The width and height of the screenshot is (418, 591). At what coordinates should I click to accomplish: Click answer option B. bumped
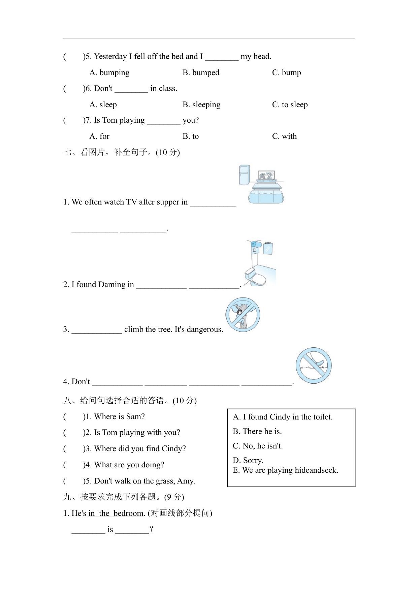[201, 73]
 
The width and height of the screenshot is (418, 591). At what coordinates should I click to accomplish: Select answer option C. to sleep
[290, 105]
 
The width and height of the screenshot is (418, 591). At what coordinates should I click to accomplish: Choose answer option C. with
[284, 136]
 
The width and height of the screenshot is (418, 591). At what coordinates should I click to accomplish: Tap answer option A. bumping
[109, 73]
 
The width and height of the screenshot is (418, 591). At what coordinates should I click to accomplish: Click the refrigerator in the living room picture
[244, 175]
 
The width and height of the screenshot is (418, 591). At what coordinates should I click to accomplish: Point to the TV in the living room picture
[266, 175]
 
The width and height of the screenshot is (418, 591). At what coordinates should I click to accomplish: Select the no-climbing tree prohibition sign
[243, 315]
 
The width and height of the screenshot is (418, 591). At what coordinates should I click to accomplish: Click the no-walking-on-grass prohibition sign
[314, 366]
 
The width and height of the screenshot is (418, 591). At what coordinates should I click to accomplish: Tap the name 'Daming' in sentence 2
[112, 285]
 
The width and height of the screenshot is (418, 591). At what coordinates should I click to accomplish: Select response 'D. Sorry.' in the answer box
[248, 461]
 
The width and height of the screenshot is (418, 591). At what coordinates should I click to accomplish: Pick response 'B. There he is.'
[257, 432]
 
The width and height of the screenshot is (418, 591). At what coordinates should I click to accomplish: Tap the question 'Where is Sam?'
[119, 417]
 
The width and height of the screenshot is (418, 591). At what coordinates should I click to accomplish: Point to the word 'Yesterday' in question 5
[110, 57]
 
